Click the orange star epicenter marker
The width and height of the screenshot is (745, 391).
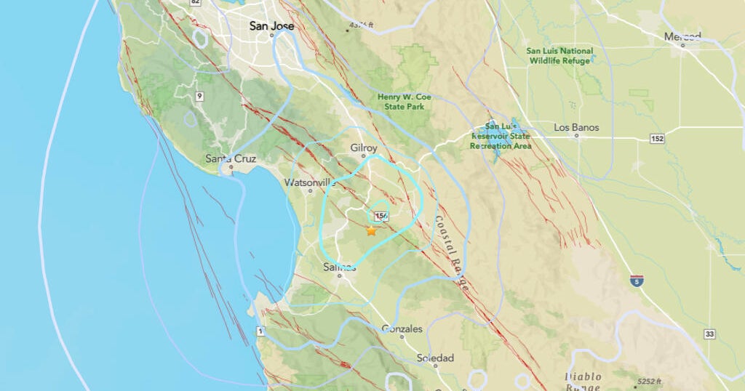(x=371, y=231)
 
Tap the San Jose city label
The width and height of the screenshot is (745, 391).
(x=271, y=25)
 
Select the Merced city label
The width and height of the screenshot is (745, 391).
(x=682, y=36)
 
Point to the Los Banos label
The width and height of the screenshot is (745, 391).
(x=576, y=128)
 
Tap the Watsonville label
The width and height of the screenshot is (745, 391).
(x=311, y=182)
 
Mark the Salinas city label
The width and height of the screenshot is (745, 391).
(x=339, y=267)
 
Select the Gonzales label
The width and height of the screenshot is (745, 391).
(x=402, y=329)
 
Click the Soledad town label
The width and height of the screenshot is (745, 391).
(x=435, y=358)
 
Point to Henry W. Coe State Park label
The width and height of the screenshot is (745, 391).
(x=401, y=102)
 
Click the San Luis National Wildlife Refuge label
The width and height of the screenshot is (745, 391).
(x=559, y=56)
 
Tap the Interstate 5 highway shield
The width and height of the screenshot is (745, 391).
(x=636, y=281)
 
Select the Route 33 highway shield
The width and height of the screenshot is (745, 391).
(x=710, y=334)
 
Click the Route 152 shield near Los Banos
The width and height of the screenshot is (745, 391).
(x=658, y=139)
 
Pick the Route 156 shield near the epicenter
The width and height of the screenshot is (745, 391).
(x=381, y=216)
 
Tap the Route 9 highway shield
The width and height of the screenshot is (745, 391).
(x=198, y=95)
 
